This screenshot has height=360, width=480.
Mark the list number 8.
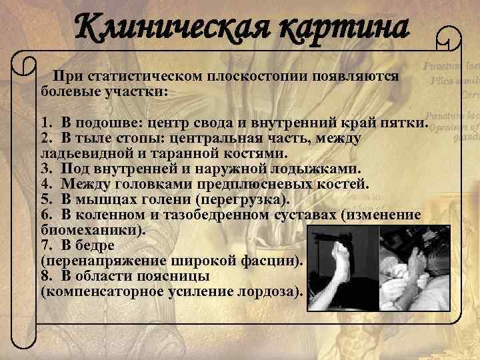coord(44,276)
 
